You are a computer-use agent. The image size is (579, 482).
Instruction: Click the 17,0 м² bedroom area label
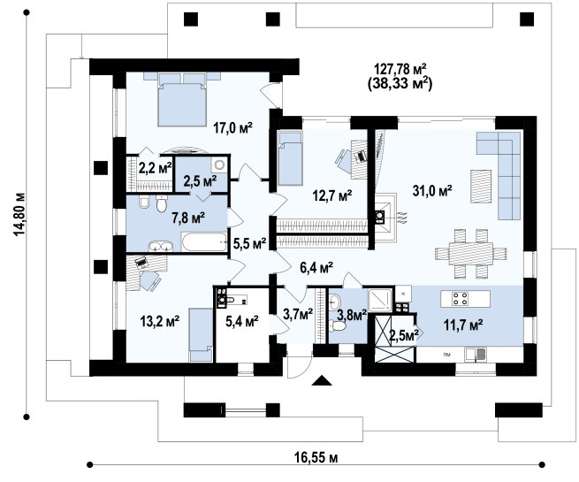coord(232,128)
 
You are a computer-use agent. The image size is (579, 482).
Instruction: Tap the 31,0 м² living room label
coord(432,191)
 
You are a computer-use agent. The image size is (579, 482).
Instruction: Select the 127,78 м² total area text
coord(400,69)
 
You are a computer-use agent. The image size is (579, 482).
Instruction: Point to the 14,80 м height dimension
coord(19,214)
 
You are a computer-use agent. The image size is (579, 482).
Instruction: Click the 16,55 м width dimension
coord(316,457)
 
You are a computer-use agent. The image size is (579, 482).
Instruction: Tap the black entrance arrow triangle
coord(322,380)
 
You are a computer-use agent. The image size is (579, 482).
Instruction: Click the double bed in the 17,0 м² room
coord(182,99)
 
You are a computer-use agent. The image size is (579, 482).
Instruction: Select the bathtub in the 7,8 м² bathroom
coord(204,242)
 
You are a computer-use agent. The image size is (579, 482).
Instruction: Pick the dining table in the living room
coord(471,253)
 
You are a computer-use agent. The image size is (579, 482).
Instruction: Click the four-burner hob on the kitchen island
coord(461,298)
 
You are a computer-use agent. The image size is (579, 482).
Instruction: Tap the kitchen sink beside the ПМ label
coord(476,355)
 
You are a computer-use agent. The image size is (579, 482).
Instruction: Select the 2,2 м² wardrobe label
coord(155,168)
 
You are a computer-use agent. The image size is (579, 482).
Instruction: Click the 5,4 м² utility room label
coord(242,321)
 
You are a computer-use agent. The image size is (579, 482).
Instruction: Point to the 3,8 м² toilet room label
coord(352,315)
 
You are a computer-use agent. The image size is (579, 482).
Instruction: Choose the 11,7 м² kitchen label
coord(463,325)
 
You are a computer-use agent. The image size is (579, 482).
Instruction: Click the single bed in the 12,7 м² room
coord(290,158)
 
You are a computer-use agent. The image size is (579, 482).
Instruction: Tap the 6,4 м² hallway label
coord(316,268)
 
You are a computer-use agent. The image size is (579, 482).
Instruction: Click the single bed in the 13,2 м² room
coord(201,335)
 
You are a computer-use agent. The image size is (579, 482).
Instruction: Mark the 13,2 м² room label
coord(159,321)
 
